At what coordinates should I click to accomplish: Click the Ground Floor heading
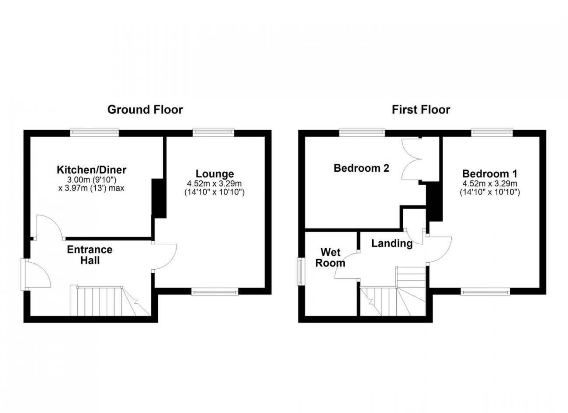(x=145, y=110)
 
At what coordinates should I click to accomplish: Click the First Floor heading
(x=421, y=110)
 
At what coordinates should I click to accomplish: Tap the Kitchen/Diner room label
(x=92, y=170)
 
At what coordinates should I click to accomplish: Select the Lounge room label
(x=215, y=174)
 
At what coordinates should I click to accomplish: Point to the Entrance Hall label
(x=90, y=255)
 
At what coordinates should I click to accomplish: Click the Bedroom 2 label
(x=361, y=168)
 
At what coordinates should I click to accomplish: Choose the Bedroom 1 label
(x=490, y=174)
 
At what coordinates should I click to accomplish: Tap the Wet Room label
(x=330, y=258)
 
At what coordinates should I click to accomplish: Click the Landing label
(x=392, y=243)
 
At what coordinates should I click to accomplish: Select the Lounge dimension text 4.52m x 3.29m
(x=214, y=184)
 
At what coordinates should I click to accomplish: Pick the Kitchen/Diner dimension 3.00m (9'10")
(x=92, y=180)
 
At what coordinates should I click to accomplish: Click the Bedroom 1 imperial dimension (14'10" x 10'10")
(x=490, y=192)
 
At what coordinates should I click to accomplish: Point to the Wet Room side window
(x=301, y=271)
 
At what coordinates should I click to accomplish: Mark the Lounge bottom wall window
(x=215, y=292)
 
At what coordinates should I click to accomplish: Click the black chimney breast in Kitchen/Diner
(x=159, y=198)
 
